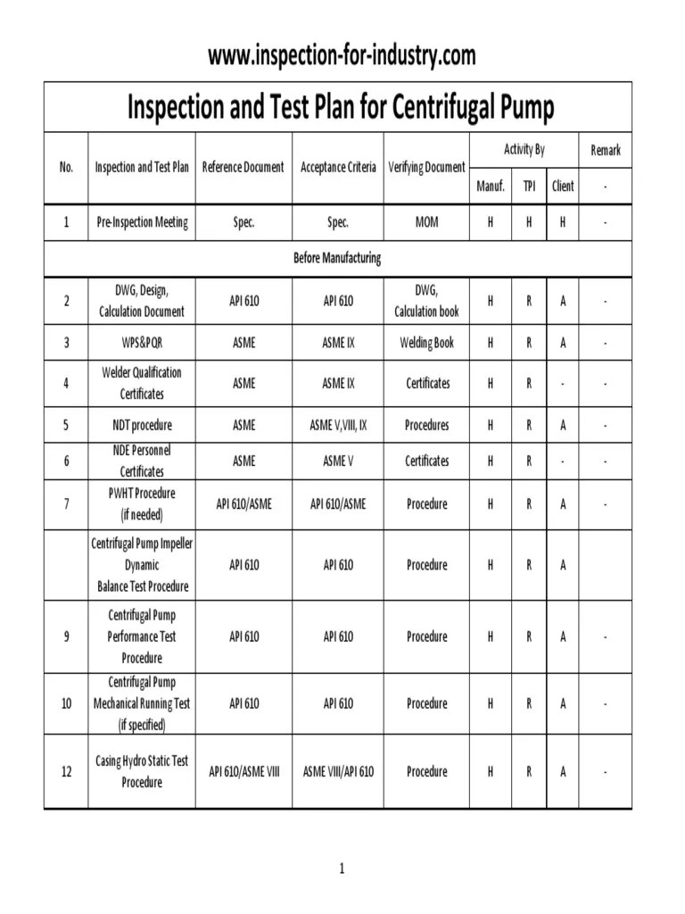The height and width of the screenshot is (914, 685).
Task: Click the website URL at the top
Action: tap(342, 56)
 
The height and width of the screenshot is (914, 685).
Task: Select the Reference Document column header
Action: tap(243, 167)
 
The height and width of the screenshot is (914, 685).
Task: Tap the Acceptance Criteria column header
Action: tap(338, 167)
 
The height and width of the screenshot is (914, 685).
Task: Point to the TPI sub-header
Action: tap(529, 186)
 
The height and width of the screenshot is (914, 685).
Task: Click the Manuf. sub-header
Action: tap(490, 186)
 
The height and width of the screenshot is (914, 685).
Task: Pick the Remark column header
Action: tap(606, 150)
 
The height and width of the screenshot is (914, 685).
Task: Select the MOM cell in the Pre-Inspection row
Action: tap(426, 222)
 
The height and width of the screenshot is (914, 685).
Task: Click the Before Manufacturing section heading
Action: tap(337, 258)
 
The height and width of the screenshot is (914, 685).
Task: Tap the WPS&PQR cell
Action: tap(142, 342)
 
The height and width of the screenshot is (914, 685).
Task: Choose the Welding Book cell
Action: tap(426, 342)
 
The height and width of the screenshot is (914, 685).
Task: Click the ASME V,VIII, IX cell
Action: tap(338, 425)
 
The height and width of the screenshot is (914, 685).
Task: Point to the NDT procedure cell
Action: tap(142, 425)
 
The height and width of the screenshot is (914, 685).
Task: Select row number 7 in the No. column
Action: tap(66, 503)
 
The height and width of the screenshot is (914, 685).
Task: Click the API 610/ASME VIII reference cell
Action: tap(243, 771)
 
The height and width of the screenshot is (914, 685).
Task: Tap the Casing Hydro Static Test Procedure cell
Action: tap(142, 771)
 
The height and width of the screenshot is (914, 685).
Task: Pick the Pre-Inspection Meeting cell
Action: tap(142, 222)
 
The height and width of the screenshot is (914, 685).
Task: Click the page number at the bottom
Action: tap(341, 868)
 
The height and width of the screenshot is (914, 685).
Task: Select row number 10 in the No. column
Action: tap(66, 703)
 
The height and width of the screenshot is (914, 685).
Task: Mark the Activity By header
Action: tap(524, 149)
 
